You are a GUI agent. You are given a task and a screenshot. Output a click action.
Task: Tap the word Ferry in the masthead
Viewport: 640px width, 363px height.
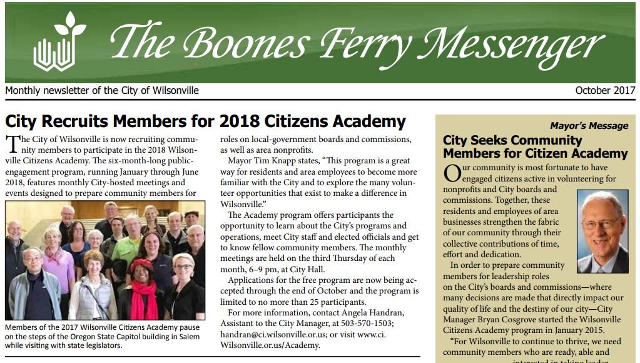tap(367, 44)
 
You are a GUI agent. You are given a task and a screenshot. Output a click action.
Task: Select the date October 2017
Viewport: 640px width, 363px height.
tap(605, 91)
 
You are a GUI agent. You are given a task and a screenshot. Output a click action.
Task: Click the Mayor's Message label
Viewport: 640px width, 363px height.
tap(589, 126)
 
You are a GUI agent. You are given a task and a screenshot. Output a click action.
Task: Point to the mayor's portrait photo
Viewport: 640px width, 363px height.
tap(602, 231)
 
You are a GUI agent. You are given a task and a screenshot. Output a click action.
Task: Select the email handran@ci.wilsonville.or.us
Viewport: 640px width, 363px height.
tap(272, 334)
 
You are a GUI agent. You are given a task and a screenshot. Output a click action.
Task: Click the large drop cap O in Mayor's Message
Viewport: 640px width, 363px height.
tap(451, 173)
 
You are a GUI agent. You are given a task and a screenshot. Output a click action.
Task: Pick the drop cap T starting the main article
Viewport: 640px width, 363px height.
tap(12, 145)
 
